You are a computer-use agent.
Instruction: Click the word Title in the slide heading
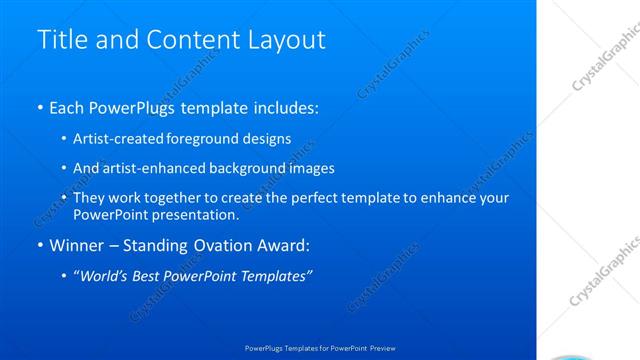60,40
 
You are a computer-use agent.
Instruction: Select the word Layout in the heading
290,40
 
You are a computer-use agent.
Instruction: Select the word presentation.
197,215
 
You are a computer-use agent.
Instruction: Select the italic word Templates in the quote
276,276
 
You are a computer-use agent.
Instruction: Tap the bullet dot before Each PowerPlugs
39,107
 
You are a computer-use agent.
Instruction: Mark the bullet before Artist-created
64,139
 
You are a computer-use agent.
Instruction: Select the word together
165,198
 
